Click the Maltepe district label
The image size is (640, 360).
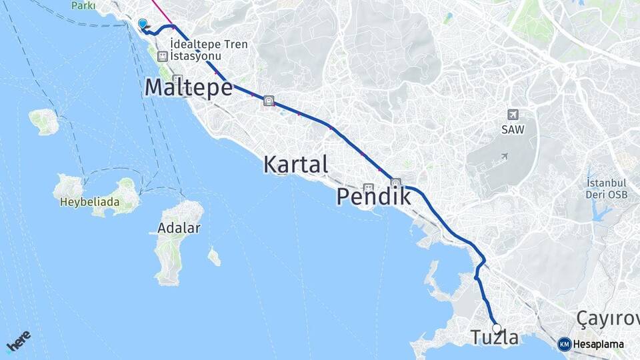(188, 87)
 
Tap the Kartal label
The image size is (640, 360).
(295, 164)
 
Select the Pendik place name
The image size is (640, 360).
(373, 196)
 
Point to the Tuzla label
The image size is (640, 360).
(495, 338)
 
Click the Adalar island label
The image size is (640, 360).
(179, 228)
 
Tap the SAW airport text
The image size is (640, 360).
(513, 129)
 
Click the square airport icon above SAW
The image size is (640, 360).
(513, 115)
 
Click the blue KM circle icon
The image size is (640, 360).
(564, 344)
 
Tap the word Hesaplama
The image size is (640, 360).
(598, 345)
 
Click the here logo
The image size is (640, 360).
(19, 341)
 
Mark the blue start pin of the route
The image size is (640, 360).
(142, 24)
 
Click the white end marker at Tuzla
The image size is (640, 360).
(497, 328)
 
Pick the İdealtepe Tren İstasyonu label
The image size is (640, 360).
(209, 50)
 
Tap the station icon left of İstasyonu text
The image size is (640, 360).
(162, 57)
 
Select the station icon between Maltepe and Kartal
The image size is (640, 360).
(268, 101)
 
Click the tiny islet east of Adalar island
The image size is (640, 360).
(214, 256)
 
